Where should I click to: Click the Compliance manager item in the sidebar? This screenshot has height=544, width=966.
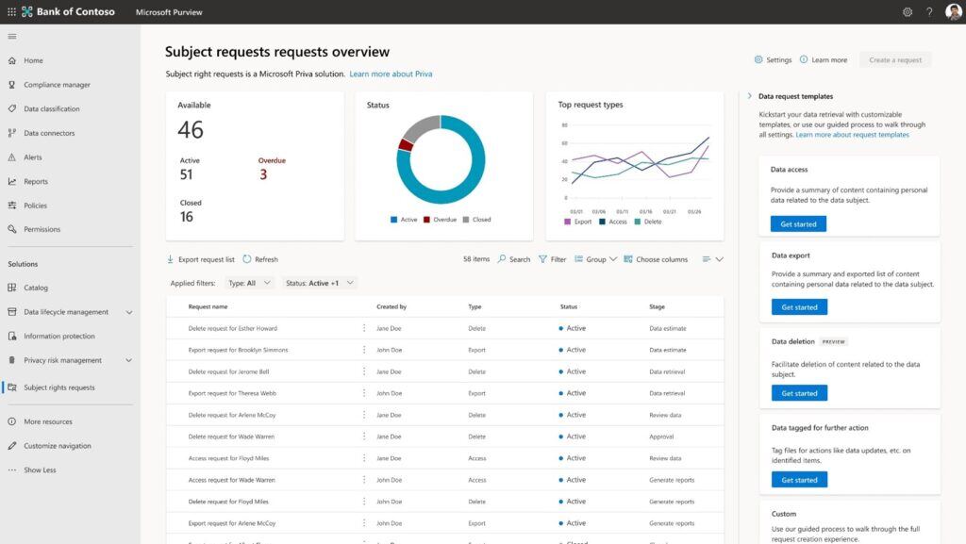coord(57,85)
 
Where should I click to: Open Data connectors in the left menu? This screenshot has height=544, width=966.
coord(49,133)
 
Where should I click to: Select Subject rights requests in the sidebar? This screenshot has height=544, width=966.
coord(58,387)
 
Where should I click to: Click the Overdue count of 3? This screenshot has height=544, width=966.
coord(263,175)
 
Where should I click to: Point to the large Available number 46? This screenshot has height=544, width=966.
coord(191,130)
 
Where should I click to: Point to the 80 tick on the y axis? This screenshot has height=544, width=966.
coord(564,124)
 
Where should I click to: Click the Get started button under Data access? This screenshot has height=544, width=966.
coord(798,224)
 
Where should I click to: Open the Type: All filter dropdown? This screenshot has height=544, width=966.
coord(249,283)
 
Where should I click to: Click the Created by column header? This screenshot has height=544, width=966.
coord(391,306)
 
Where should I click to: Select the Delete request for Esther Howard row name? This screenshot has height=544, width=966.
coord(232,328)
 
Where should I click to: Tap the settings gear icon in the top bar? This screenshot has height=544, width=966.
coord(908,12)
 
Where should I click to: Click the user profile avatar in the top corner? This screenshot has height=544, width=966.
coord(954,12)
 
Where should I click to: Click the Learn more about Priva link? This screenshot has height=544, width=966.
coord(391,74)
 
